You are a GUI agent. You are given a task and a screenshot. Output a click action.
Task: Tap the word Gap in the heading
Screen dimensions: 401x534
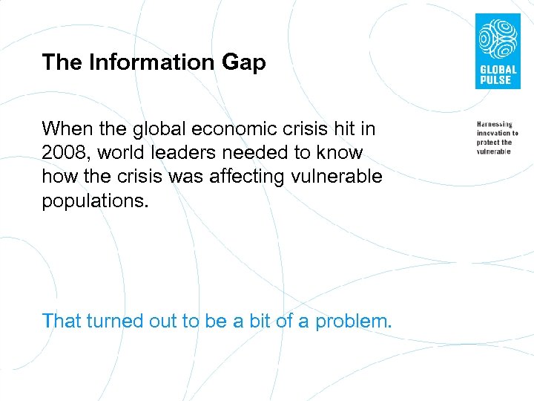(x=243, y=63)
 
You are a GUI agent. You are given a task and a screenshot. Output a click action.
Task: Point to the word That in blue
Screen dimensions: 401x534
(x=62, y=321)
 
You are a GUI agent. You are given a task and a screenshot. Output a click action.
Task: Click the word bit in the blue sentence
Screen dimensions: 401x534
(x=263, y=321)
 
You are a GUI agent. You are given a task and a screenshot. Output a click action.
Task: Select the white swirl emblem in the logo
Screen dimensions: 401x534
(x=496, y=39)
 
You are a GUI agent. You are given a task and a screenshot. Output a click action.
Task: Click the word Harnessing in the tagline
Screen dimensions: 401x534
(x=495, y=124)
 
